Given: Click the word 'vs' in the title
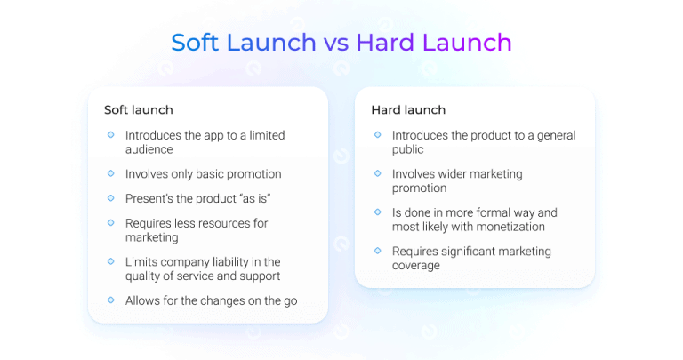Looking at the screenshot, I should (x=336, y=43).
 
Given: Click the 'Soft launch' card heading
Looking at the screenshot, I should (x=138, y=110).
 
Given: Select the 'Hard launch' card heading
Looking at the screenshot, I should (x=408, y=110).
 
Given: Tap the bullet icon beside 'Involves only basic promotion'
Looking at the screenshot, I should (x=110, y=173).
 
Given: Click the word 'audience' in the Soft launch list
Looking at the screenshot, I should (x=149, y=149).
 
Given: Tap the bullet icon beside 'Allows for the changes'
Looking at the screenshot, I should (x=110, y=300).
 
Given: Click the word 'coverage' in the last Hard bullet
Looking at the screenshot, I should (x=417, y=266).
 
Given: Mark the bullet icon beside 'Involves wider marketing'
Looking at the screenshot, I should (x=377, y=173).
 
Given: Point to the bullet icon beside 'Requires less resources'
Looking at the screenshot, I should (x=110, y=222).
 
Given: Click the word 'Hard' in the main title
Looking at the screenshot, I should (x=389, y=43).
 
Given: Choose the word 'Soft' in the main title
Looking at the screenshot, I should (x=200, y=43).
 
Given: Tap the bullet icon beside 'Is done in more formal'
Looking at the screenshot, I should (x=377, y=212).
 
